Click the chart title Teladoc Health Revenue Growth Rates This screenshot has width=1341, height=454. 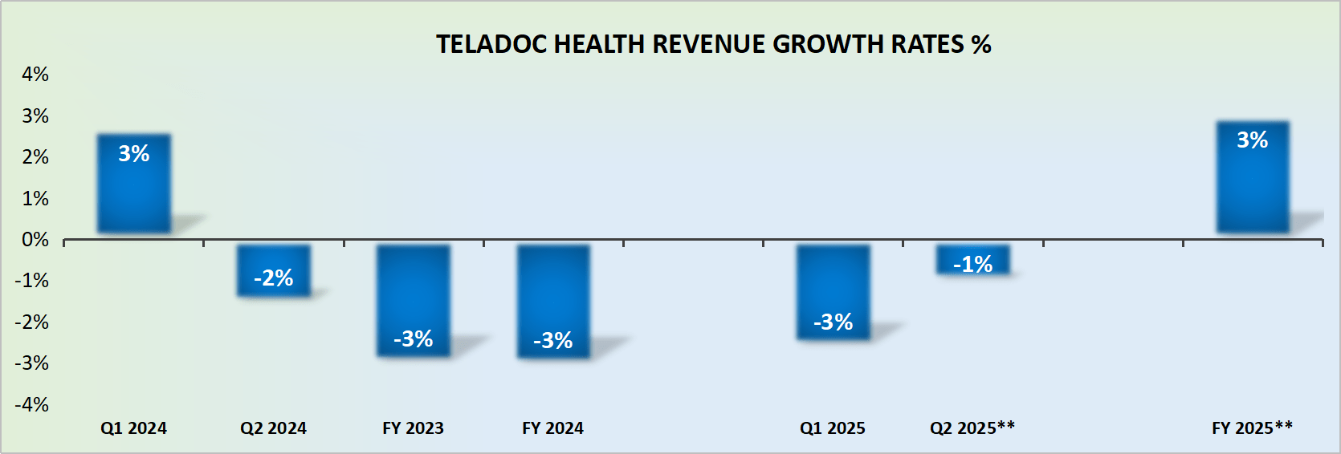pos(713,44)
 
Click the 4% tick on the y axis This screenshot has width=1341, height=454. pos(35,75)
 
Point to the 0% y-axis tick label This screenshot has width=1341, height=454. pos(35,240)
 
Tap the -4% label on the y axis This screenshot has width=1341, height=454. pos(32,404)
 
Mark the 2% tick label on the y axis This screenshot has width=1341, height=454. pos(35,157)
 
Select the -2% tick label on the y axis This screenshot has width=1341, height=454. pos(32,322)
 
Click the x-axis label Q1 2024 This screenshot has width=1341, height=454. pos(133,428)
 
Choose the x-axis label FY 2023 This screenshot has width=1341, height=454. pos(413,428)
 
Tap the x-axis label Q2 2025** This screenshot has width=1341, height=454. pos(972,428)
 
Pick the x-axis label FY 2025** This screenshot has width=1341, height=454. pos(1252,428)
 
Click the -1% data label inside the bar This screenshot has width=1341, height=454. pos(972,264)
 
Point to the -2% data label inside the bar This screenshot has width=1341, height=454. pos(274,278)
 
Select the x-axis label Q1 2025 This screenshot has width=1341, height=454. pos(833,428)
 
